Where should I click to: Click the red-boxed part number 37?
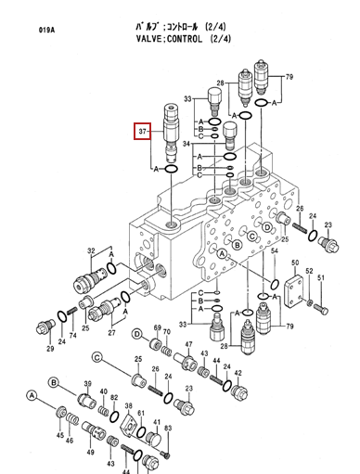[x=142, y=132]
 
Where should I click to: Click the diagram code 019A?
[x=46, y=30]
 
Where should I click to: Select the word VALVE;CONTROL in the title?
[x=169, y=39]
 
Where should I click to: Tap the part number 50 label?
[x=295, y=263]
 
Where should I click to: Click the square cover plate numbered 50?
[x=294, y=291]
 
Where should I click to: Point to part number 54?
[x=275, y=250]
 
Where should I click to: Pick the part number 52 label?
[x=309, y=271]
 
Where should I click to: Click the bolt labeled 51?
[x=321, y=309]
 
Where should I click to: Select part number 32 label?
[x=91, y=250]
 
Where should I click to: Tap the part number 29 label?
[x=50, y=349]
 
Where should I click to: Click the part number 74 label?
[x=73, y=335]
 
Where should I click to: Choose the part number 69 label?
[x=158, y=327]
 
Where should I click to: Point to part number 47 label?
[x=188, y=344]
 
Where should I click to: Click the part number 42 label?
[x=238, y=373]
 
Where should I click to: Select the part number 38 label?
[x=129, y=405]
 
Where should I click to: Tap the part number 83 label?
[x=168, y=428]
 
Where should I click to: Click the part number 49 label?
[x=90, y=452]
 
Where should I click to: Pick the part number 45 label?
[x=60, y=435]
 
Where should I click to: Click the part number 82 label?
[x=114, y=397]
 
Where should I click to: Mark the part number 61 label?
[x=141, y=413]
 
